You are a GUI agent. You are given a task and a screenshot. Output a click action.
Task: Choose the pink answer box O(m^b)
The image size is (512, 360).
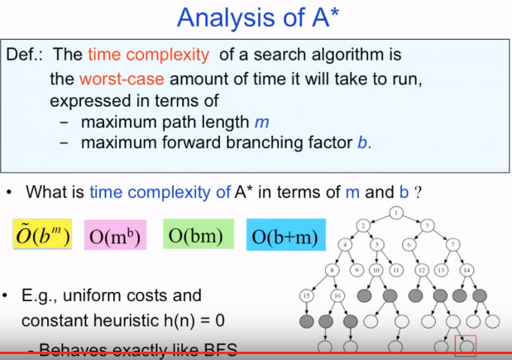click(x=116, y=238)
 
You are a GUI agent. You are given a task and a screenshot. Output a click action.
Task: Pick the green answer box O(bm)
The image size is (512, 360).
click(x=195, y=236)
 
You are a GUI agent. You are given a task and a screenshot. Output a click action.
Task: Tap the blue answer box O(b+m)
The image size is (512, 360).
click(x=285, y=237)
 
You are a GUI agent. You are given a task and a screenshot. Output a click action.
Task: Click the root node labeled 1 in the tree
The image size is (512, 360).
click(x=396, y=213)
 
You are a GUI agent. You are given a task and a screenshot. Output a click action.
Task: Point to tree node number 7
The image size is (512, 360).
click(x=453, y=244)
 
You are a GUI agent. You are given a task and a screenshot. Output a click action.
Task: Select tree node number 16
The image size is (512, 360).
click(x=337, y=295)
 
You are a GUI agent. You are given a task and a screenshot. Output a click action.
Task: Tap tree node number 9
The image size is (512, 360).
click(x=357, y=270)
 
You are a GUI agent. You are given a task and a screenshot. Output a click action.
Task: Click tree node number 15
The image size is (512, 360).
click(x=309, y=295)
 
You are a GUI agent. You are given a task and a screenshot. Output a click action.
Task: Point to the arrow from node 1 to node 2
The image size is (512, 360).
click(x=379, y=218)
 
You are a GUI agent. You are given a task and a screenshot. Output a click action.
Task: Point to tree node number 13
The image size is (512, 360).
click(x=442, y=270)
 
